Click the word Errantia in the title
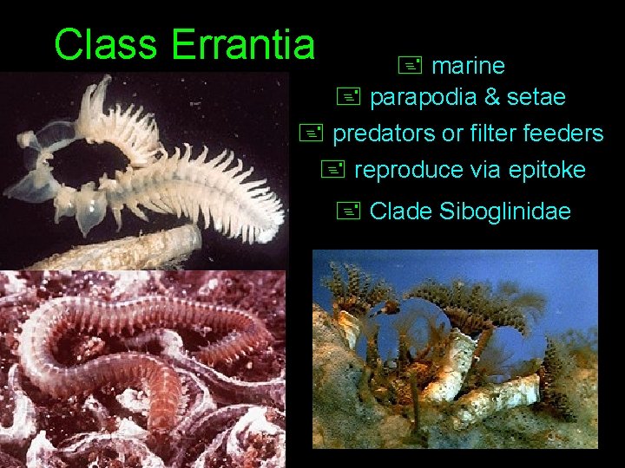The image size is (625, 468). click(243, 44)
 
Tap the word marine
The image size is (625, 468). click(468, 66)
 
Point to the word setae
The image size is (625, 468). click(536, 98)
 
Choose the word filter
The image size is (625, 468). click(504, 133)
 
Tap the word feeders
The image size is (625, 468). click(571, 133)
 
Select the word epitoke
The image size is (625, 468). click(549, 170)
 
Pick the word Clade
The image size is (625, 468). click(401, 211)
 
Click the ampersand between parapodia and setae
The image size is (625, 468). click(491, 98)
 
